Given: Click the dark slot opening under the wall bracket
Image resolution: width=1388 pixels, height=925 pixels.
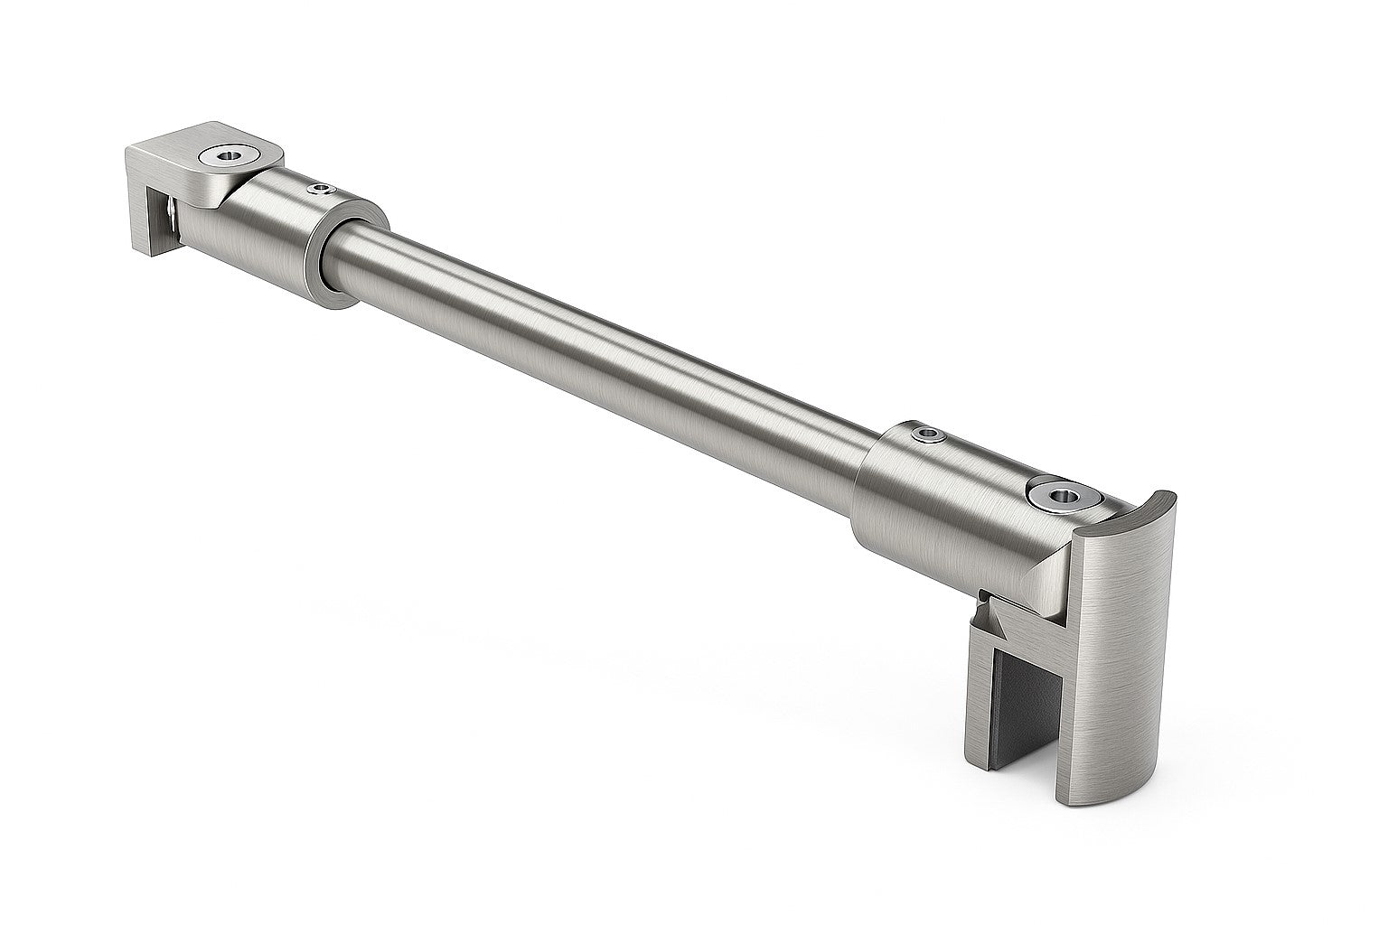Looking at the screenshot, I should (163, 226).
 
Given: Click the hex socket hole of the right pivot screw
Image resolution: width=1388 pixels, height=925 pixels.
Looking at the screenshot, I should (1056, 493).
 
